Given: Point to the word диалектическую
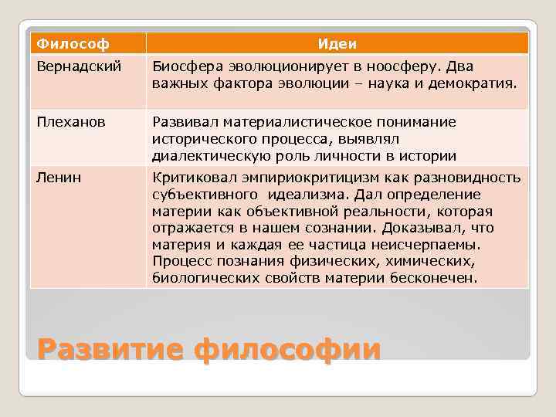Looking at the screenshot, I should (x=215, y=155).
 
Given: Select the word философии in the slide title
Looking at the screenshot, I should (x=288, y=349).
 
